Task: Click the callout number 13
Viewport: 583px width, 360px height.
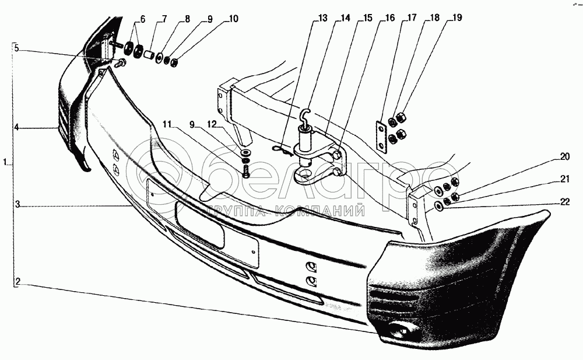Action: point(322,18)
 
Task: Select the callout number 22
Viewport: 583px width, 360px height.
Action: point(564,202)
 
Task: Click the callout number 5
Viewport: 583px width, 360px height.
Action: point(17,48)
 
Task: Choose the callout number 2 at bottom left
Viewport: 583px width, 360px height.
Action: point(18,282)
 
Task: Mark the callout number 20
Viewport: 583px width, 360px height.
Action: point(564,156)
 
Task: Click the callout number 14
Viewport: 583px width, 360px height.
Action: point(345,18)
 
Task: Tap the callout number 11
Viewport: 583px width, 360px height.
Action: point(167,124)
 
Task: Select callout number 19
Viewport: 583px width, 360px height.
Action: point(456,18)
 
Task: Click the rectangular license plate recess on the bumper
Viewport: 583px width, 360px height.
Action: point(200,225)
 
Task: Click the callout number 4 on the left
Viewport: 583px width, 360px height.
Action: point(17,127)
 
